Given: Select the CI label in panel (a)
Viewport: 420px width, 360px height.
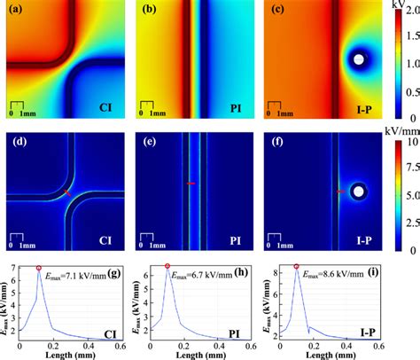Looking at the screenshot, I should point(110,111).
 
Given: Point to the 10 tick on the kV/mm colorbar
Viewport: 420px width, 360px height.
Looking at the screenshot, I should point(408,142).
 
